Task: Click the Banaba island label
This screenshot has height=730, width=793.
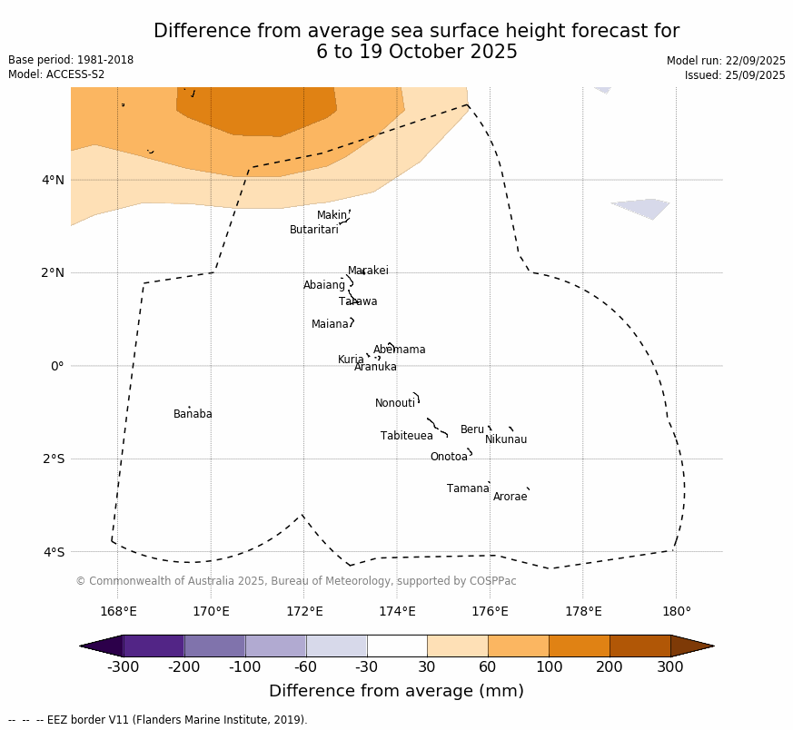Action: (193, 414)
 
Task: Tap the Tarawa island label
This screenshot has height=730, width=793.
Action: (358, 301)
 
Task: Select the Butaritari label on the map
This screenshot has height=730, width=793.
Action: (313, 230)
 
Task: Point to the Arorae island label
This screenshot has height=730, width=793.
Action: (510, 497)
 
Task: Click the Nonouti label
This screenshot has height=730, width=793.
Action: (395, 403)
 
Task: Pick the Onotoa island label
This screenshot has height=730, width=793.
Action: (449, 457)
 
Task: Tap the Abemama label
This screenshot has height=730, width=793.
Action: (399, 350)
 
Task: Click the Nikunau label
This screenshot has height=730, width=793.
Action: (506, 439)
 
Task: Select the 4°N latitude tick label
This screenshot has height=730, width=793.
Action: (53, 180)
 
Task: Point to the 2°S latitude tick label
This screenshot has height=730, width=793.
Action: (53, 459)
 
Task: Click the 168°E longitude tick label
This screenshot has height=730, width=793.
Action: (118, 611)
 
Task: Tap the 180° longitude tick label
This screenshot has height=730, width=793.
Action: (676, 611)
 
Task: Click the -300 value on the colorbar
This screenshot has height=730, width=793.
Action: (123, 667)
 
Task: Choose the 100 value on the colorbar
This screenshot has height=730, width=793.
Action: (549, 667)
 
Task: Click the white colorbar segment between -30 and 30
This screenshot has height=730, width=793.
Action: (397, 646)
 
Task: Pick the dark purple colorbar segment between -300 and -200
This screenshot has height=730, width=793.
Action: (154, 646)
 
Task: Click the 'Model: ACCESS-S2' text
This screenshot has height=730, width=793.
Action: (56, 74)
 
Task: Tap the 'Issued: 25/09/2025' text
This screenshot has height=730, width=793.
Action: (735, 75)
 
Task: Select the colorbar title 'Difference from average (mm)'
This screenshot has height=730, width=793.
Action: (396, 691)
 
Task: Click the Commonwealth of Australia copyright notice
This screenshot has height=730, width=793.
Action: (296, 581)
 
